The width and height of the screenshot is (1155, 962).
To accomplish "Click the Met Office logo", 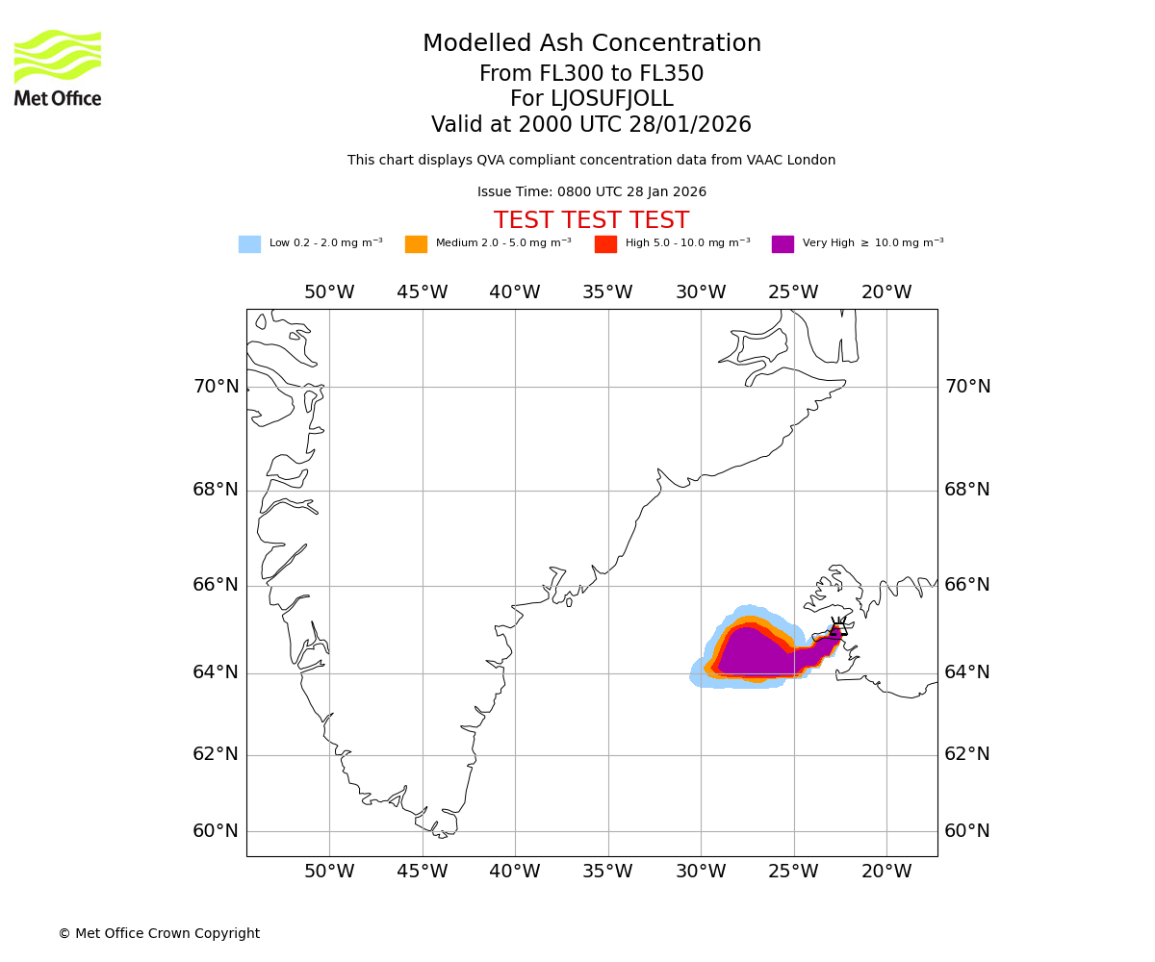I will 58,67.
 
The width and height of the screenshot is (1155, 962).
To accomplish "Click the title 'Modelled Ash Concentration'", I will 591,44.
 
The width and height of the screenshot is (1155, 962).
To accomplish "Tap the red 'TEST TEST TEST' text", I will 591,221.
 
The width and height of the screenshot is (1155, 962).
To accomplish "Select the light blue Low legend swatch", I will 249,244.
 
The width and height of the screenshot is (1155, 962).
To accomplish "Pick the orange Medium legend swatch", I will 416,244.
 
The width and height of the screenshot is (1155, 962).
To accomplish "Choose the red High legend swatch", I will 605,244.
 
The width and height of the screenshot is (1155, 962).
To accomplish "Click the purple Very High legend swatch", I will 783,244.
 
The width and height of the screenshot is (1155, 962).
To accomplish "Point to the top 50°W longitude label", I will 329,292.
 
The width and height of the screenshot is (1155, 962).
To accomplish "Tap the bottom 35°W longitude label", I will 607,872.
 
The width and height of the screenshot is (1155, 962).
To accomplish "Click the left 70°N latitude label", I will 216,387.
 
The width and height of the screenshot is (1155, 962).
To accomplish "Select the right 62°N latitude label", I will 966,754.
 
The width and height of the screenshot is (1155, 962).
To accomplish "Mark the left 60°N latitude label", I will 216,831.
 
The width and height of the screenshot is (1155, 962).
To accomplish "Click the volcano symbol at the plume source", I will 837,629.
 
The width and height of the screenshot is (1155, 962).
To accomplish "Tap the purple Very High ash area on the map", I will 751,654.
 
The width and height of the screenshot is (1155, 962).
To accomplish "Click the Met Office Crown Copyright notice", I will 159,934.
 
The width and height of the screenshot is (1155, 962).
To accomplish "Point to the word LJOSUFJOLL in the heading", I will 611,99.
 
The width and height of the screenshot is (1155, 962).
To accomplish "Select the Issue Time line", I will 591,192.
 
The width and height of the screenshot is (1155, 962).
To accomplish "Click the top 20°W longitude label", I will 886,292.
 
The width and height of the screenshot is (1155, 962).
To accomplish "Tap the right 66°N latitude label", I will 966,585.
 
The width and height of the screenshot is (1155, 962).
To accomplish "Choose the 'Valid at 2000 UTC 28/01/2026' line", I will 591,125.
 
